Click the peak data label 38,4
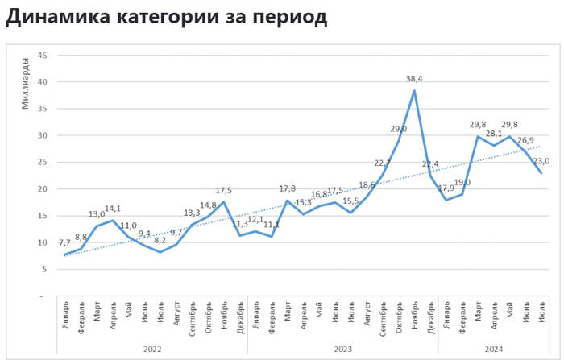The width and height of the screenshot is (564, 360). pos(414,79)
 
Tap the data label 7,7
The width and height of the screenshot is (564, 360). pos(66,243)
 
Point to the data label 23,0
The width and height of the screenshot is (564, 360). pos(540,160)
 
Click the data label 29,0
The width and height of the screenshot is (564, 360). pos(398,129)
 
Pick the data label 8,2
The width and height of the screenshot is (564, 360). pos(161,241)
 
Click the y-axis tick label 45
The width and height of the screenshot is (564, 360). pos(42,56)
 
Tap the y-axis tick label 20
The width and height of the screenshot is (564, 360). pos(42,189)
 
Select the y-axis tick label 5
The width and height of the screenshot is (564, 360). pos(44,269)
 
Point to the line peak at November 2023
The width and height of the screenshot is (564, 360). pos(414,90)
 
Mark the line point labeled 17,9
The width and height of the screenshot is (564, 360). pos(446,200)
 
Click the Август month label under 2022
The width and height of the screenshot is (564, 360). pos(177,312)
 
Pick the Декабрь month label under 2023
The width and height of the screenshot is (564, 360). pos(431,314)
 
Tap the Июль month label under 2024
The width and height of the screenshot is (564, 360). pos(541,310)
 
